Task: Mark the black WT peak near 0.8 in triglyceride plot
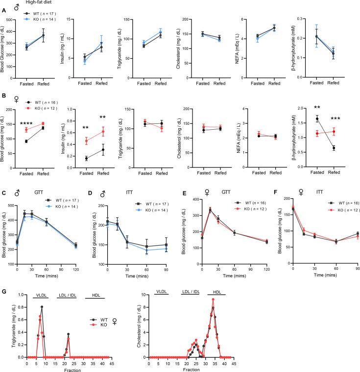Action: [42, 307]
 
